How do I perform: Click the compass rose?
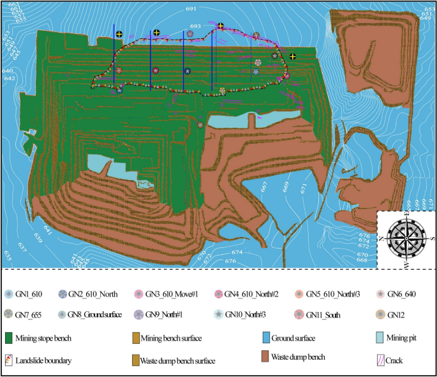click(406, 238)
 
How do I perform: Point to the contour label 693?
click(195, 27)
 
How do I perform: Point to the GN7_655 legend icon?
click(11, 314)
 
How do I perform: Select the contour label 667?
click(264, 186)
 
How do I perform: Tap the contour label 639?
click(38, 238)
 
